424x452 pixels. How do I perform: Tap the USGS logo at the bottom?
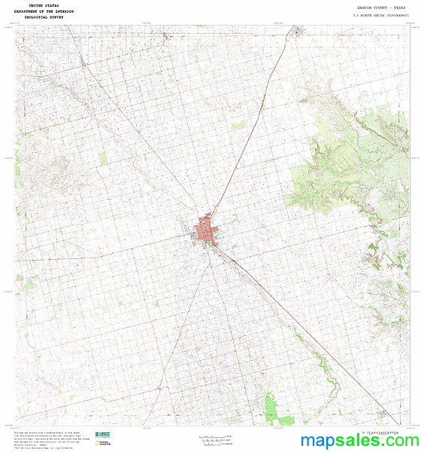point(103,435)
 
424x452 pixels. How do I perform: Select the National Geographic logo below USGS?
point(104,444)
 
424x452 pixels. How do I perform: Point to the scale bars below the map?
point(214,438)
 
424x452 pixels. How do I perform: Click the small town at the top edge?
point(299,31)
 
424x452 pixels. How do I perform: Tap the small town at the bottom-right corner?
point(386,414)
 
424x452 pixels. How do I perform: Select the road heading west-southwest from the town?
point(113,256)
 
